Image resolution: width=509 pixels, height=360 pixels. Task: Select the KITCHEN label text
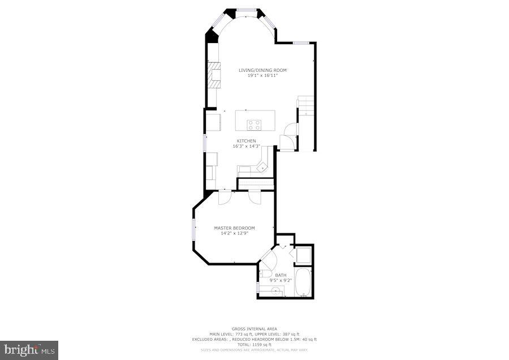tap(246, 141)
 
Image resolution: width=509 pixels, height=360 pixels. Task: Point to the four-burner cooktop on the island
tap(254, 125)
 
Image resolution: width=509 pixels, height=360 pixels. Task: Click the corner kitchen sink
tap(261, 166)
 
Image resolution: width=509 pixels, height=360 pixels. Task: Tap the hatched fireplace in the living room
tap(214, 75)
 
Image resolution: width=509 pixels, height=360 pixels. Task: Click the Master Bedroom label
tap(234, 228)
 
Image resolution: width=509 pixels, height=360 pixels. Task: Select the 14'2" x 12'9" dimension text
tap(234, 233)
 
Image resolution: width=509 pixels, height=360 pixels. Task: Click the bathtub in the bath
tap(304, 282)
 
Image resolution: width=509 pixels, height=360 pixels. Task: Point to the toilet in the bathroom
tap(265, 273)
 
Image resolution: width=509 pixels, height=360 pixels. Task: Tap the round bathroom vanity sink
tap(274, 292)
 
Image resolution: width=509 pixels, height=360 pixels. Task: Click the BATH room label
tap(281, 275)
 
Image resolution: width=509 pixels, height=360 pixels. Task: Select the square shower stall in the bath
tap(303, 255)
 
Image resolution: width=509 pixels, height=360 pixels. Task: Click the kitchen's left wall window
tap(205, 143)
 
